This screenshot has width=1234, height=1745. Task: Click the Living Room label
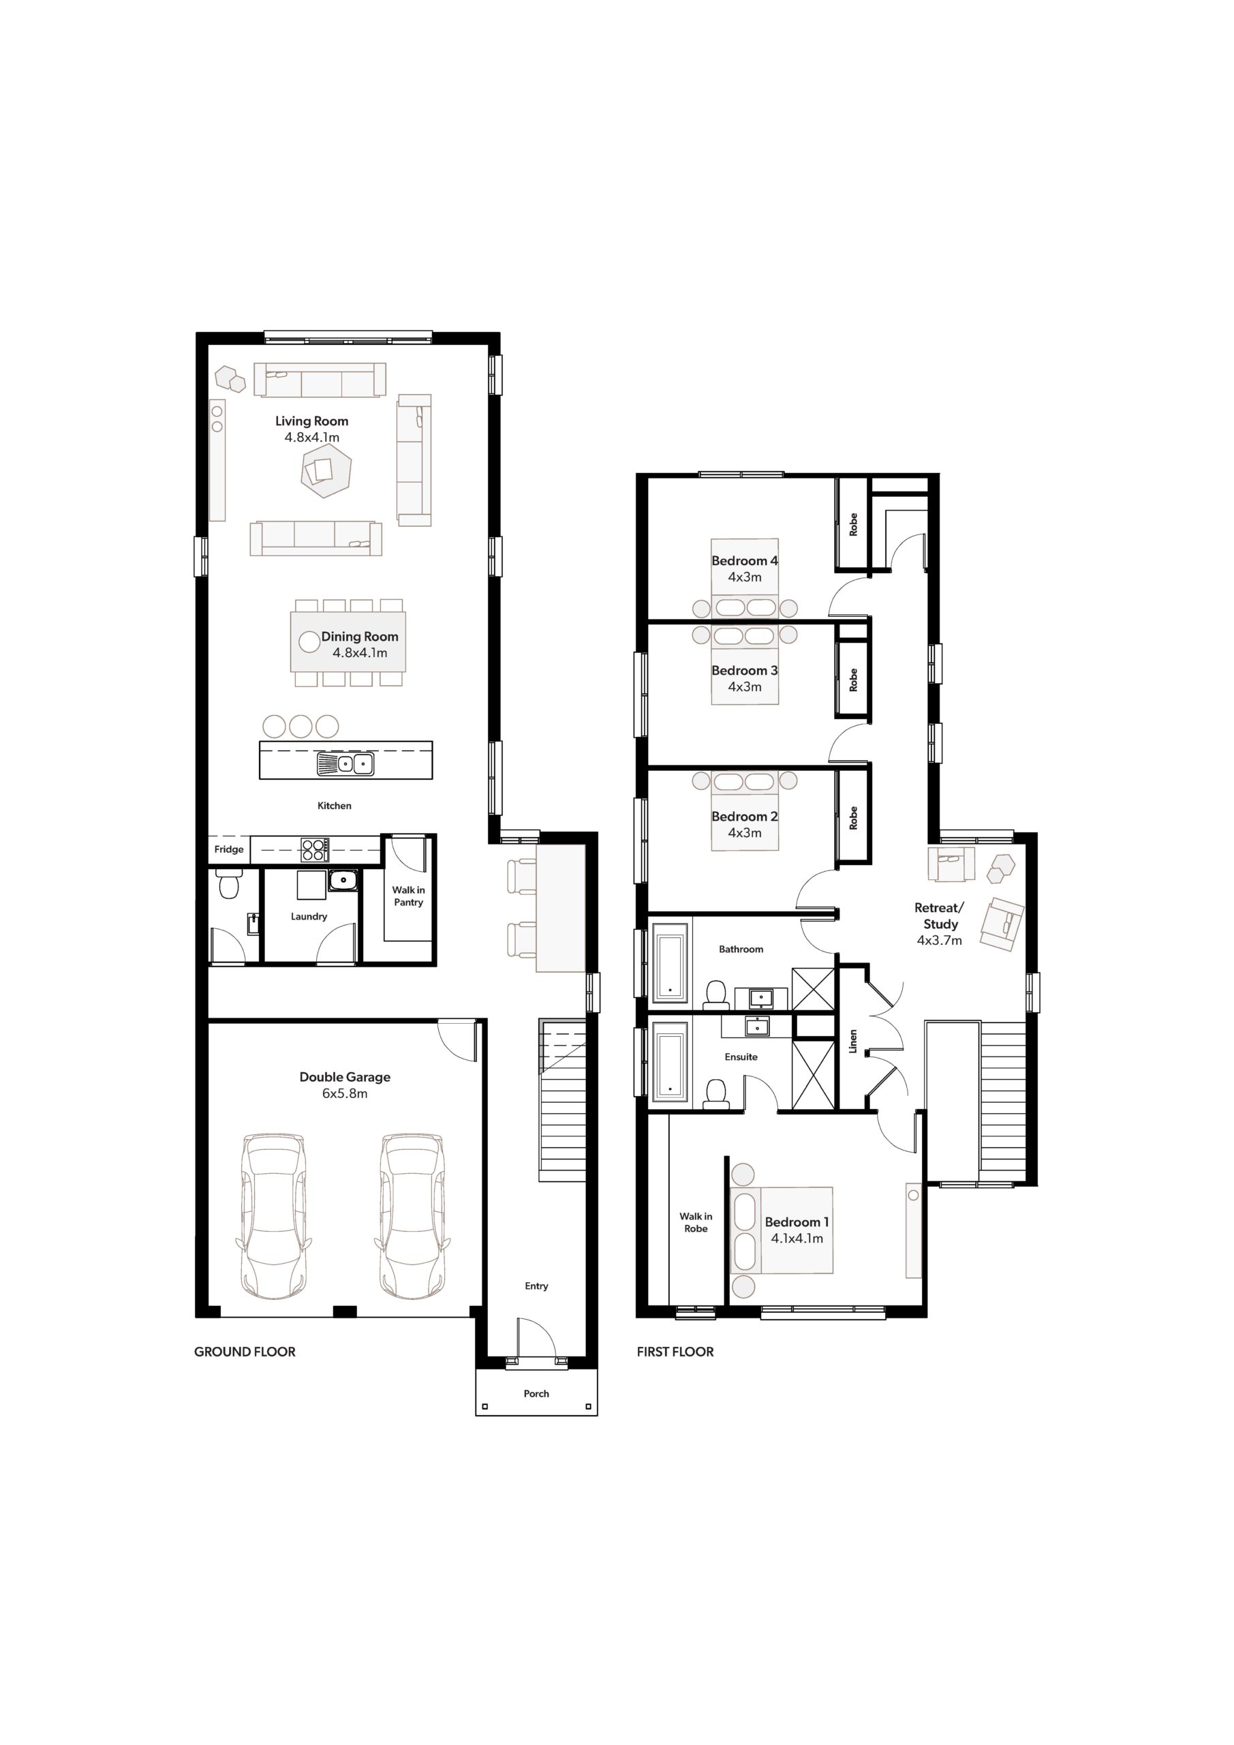pos(311,421)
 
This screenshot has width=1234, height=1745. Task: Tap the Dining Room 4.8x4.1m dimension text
pos(359,653)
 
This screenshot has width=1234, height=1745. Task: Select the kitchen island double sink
pos(345,764)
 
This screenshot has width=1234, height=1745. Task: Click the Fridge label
pos(229,850)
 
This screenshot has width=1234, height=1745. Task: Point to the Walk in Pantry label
pos(409,896)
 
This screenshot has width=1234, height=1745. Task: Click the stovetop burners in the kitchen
pos(315,850)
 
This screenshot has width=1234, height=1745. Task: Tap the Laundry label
pos(309,917)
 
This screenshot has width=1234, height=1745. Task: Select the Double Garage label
pos(345,1077)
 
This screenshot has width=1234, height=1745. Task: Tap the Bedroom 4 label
pos(745,561)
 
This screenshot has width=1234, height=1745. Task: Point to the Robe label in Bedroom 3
pos(853,680)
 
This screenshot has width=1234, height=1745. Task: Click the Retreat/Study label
pos(940,916)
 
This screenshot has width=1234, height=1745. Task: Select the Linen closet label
pos(853,1042)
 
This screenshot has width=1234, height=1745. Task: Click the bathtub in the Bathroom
pos(670,965)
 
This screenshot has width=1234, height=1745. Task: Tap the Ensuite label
pos(741,1057)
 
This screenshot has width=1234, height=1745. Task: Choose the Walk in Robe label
pos(696,1222)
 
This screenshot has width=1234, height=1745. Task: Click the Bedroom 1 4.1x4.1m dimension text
pos(797,1238)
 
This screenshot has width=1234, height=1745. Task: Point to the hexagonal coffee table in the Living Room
pos(324,471)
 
